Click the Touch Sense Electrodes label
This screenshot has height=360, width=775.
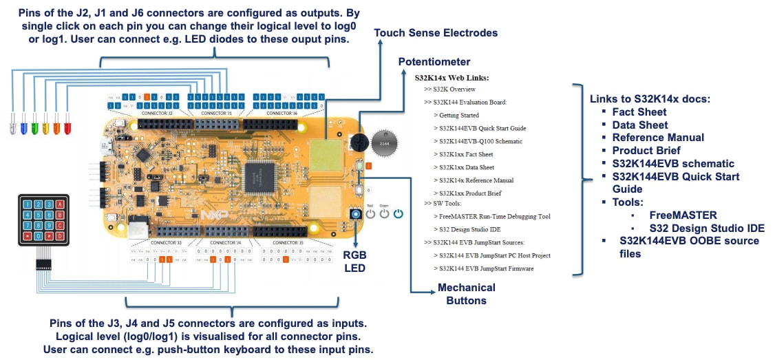435,33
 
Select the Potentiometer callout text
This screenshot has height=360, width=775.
434,62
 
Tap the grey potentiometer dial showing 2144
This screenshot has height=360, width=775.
383,143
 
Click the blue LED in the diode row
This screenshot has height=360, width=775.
24,127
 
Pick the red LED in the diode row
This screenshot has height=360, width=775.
67,127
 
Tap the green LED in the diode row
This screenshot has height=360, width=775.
35,127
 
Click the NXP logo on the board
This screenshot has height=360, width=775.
213,215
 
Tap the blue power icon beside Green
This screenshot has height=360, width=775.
398,214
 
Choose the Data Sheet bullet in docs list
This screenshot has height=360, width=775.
640,125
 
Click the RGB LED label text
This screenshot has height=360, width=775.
355,261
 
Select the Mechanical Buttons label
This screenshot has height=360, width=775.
466,293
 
